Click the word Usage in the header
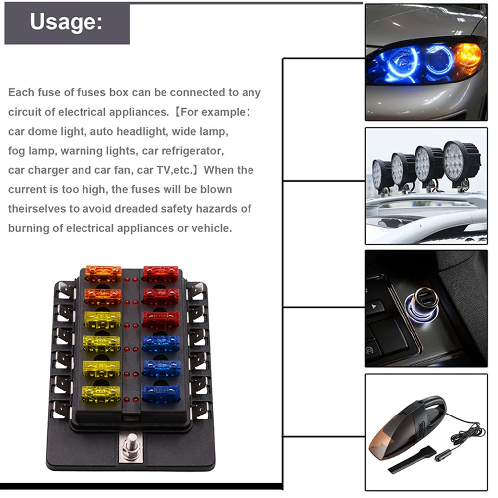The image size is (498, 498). (x=66, y=22)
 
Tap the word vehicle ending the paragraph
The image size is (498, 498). (x=214, y=228)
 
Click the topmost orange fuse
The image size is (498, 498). (x=103, y=273)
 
